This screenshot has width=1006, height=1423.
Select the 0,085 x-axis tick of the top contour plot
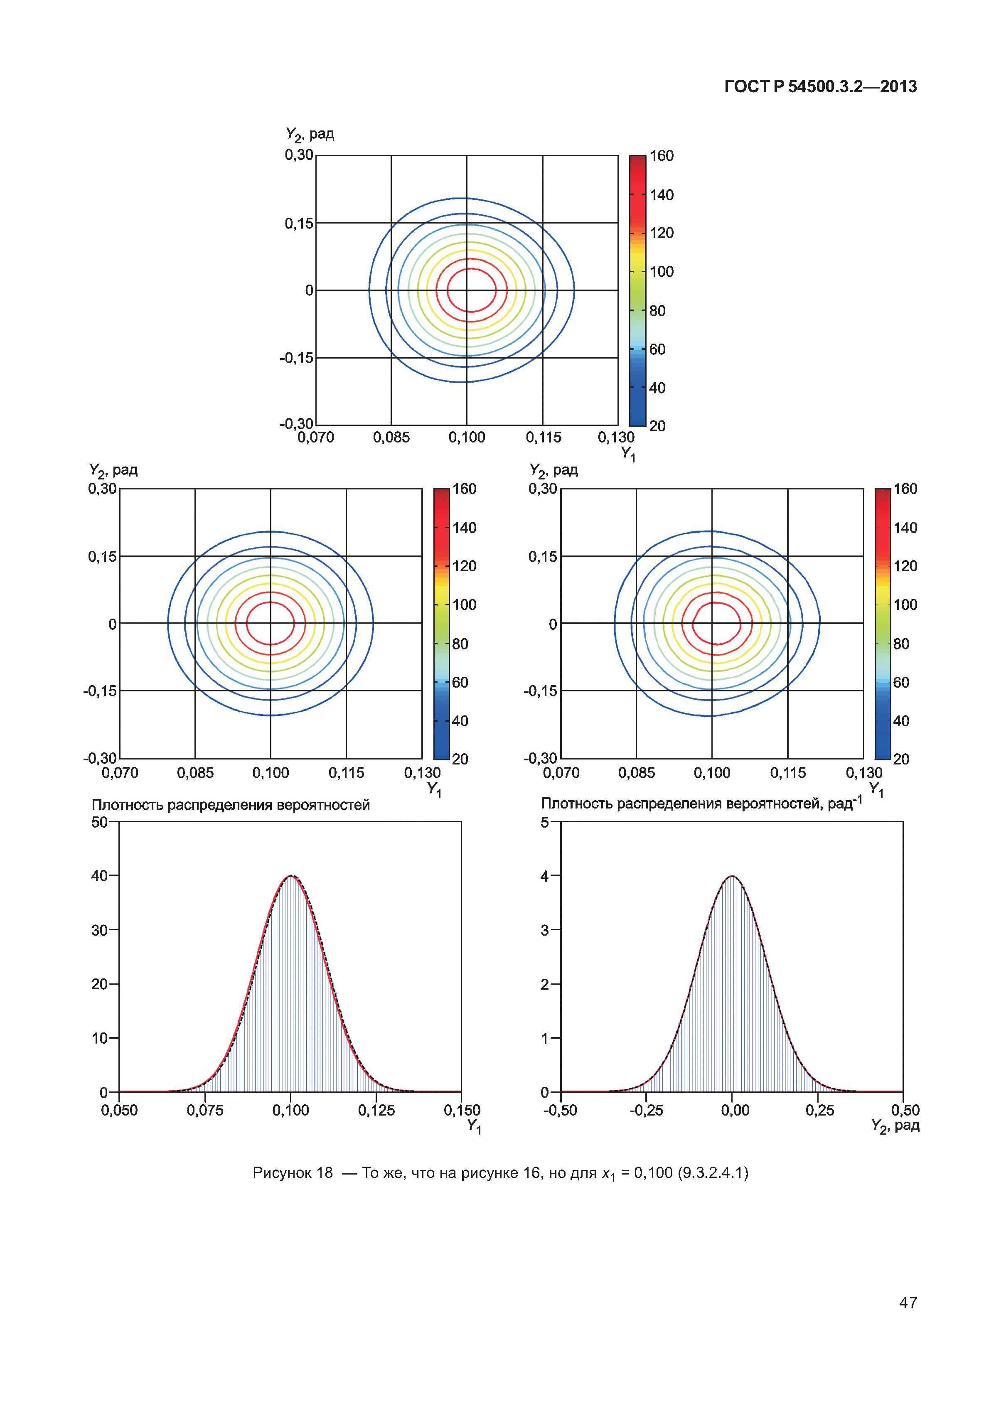391,437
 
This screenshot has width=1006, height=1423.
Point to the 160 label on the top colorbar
662,155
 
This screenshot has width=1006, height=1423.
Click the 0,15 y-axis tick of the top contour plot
299,223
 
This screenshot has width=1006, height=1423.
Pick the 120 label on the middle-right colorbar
905,566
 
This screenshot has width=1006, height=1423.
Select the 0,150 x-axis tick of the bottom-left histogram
462,1110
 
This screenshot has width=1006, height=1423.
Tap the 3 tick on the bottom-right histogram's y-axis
545,930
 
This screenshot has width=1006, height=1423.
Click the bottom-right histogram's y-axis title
701,804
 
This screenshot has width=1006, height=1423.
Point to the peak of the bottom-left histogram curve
291,876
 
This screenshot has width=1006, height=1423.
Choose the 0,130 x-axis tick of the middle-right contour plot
863,773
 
